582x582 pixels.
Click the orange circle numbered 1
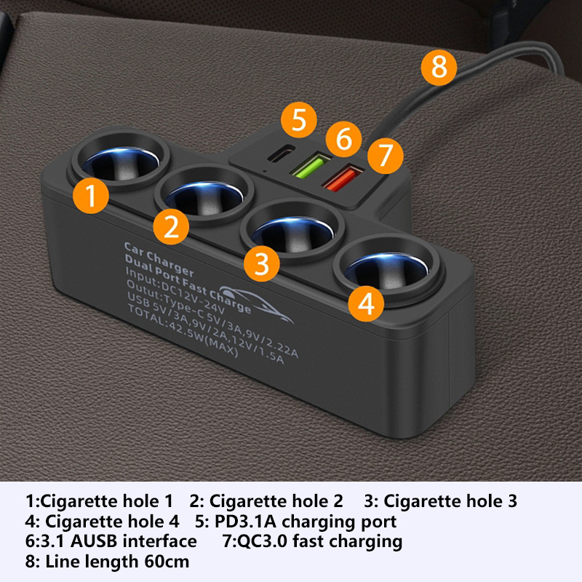coord(91,196)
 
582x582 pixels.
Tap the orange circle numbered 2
coord(171,226)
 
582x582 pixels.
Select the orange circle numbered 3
coord(262,263)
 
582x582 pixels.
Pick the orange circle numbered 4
coord(366,303)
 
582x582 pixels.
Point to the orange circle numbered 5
coord(299,120)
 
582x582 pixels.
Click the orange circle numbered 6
coord(343,139)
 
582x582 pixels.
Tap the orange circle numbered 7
coord(386,156)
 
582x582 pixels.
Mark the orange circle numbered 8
coord(439,68)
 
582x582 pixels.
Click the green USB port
coord(311,164)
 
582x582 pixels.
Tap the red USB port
coord(343,178)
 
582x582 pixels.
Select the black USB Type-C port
coord(281,154)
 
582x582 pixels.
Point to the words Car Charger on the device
coord(159,260)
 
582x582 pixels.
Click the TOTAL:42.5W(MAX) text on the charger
coord(183,330)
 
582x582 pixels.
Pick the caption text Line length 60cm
coord(117,562)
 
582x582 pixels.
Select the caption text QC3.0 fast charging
coord(319,541)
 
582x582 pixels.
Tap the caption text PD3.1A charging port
coord(306,522)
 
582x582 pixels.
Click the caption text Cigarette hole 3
coord(450,501)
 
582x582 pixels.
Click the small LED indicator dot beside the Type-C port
coord(264,172)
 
